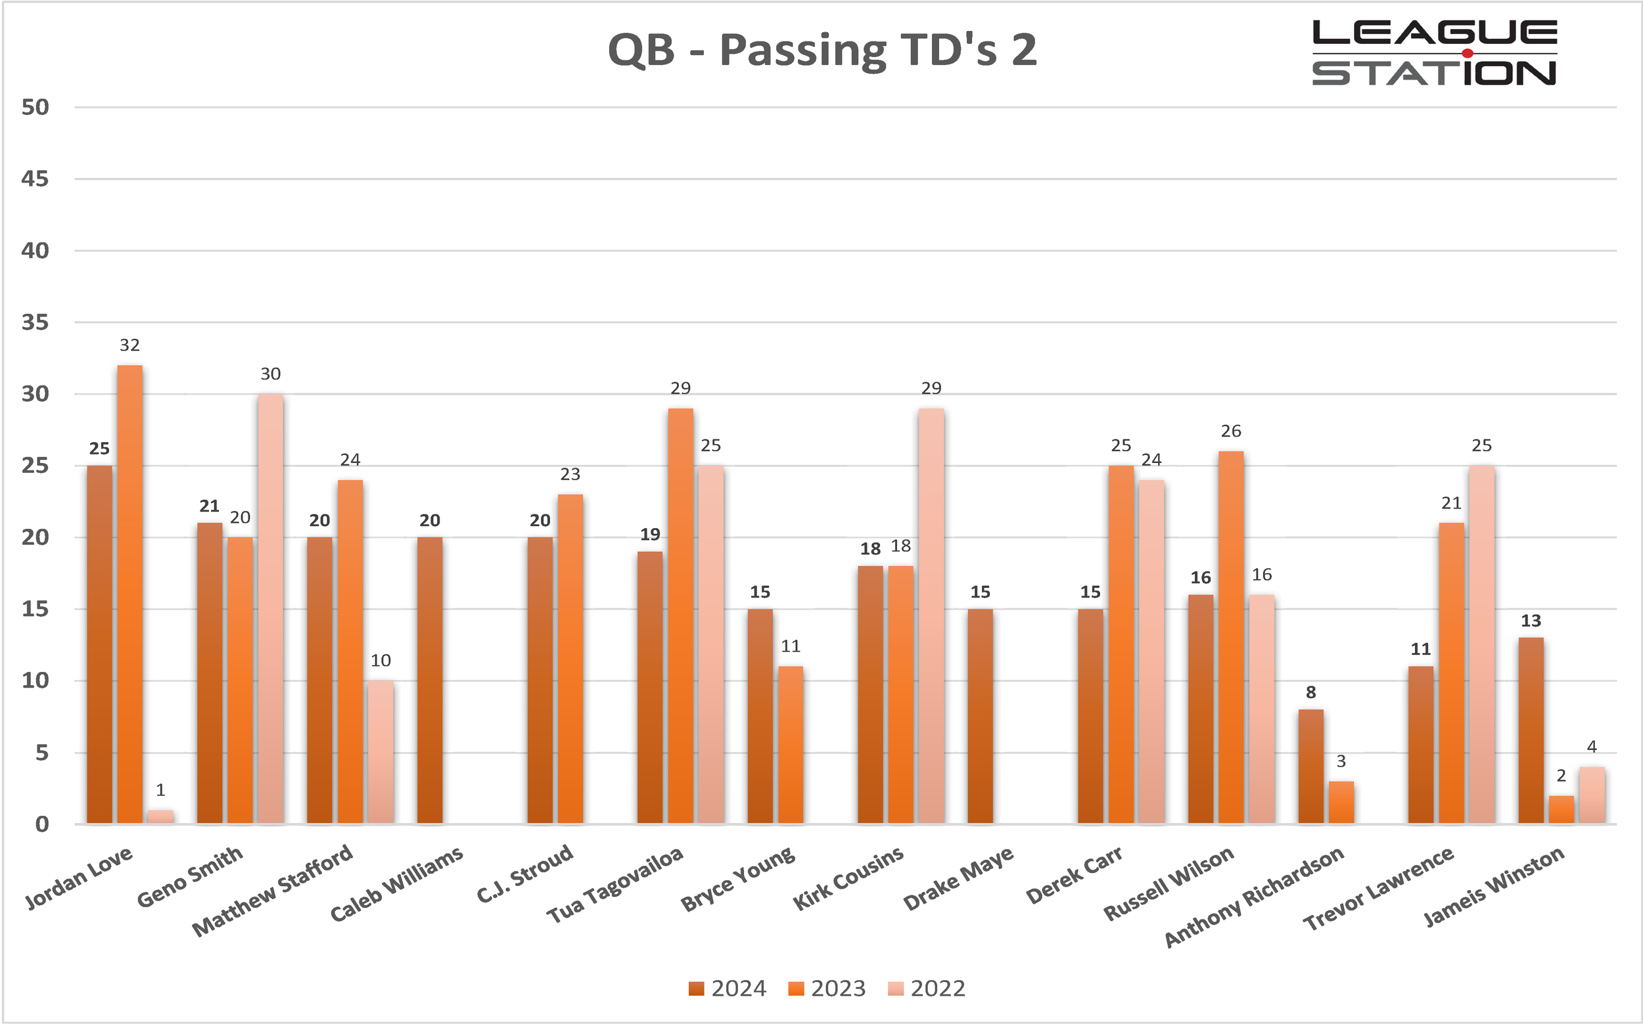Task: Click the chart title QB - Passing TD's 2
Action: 822,50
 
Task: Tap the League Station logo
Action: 1433,53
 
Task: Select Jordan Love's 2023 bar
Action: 129,594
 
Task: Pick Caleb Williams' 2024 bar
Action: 430,680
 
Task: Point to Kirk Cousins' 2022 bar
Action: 931,615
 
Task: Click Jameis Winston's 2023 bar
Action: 1561,809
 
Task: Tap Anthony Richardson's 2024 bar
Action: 1310,766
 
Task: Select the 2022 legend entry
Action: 926,989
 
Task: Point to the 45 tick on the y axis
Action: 35,179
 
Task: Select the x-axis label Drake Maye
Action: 958,878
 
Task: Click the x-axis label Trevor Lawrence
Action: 1378,888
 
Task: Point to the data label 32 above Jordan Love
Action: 129,345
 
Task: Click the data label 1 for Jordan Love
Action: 160,790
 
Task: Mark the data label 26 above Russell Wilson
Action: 1230,432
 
